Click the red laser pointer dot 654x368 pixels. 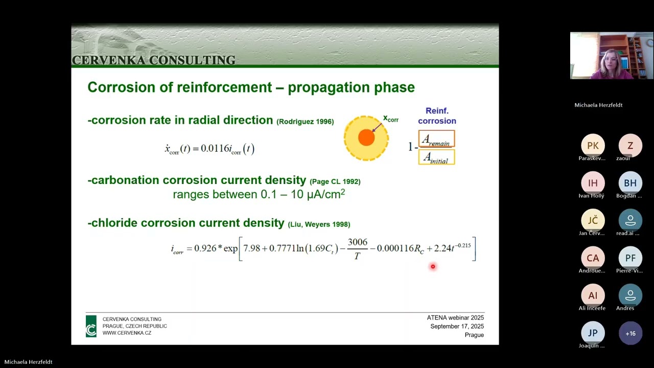433,266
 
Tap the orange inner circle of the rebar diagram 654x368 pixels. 366,137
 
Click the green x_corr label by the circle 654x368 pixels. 390,119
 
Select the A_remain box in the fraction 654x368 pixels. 436,139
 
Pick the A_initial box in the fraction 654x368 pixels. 436,157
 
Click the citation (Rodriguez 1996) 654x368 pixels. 305,122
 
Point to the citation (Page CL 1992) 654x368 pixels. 335,181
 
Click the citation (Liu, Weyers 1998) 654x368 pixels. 319,224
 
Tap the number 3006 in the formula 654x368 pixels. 357,242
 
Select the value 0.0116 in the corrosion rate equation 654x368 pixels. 215,149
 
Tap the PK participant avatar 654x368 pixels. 593,146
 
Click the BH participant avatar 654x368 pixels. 630,183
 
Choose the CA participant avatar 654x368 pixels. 593,258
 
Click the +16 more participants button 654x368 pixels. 630,333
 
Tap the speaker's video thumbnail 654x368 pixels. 611,56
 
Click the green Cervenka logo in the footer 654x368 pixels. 91,326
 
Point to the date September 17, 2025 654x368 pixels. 457,327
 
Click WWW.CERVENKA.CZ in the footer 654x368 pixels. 127,333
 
